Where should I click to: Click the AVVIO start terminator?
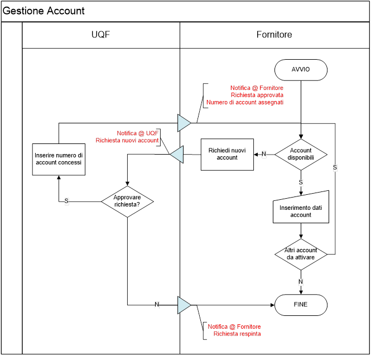[301, 70]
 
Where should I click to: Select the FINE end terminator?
[301, 305]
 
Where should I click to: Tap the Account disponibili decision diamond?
[301, 154]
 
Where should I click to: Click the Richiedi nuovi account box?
[227, 154]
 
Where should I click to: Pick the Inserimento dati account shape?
[301, 208]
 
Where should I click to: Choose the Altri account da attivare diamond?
[301, 254]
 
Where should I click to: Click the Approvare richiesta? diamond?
[127, 201]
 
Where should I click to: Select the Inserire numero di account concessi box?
[59, 159]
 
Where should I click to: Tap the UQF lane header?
[100, 35]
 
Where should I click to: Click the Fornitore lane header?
[274, 35]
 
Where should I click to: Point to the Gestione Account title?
[44, 11]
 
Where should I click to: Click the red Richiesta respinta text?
[237, 334]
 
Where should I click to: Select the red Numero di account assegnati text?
[245, 102]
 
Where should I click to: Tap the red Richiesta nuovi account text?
[127, 140]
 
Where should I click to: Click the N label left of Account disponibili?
[264, 154]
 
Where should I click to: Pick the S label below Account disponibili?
[301, 183]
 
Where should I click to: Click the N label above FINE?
[301, 282]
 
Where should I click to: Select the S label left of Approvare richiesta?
[66, 201]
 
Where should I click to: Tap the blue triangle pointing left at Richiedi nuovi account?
[176, 154]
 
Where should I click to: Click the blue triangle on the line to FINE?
[184, 305]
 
